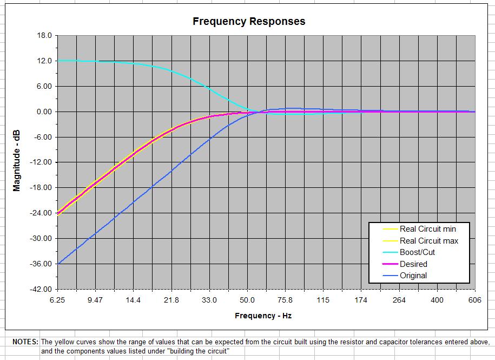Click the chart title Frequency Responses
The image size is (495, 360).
[249, 22]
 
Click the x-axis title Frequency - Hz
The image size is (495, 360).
[263, 316]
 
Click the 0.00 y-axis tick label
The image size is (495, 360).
[43, 112]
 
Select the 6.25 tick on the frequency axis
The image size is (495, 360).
[57, 300]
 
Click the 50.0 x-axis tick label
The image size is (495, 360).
[247, 300]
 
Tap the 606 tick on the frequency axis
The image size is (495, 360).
[475, 300]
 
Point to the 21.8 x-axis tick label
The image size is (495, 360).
[171, 300]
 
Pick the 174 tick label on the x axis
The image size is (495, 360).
[361, 300]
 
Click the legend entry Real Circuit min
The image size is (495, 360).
[427, 229]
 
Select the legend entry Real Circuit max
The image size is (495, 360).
[428, 241]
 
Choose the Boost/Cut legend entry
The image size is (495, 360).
[417, 252]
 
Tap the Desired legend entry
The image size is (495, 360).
[413, 264]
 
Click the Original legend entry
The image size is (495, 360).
[413, 276]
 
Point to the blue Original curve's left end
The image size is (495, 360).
[58, 264]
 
